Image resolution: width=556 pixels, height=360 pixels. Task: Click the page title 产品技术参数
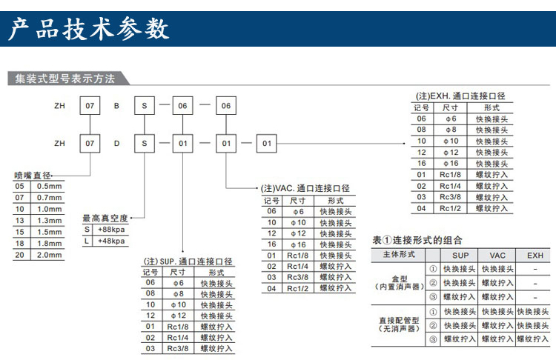coord(89,28)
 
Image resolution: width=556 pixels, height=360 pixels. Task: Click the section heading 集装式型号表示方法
coord(65,79)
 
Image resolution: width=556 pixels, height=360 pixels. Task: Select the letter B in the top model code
coord(116,106)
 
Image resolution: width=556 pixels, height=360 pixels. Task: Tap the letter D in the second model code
coord(116,144)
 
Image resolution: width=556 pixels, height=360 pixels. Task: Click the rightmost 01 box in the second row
coord(267,144)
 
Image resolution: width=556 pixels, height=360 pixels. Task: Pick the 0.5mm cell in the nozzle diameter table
coord(49,186)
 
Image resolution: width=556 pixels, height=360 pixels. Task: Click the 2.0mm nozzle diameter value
coord(49,255)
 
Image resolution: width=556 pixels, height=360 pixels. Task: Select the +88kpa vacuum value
coord(111,230)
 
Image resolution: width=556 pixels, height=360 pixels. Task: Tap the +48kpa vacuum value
coord(111,241)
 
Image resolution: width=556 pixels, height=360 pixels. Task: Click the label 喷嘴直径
coord(33,176)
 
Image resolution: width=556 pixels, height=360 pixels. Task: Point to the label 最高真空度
coord(105,218)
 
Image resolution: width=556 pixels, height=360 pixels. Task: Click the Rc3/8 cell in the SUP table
coord(178,348)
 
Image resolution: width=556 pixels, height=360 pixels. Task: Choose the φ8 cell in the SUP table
coord(179,294)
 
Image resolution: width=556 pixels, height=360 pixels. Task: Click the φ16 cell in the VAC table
coord(298,244)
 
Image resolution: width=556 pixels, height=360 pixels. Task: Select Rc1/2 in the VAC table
coord(297,288)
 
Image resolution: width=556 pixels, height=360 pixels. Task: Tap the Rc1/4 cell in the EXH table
coord(450,186)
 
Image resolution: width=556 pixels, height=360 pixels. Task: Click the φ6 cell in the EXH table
coord(451,119)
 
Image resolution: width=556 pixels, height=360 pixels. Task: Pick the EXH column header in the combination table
coord(535,256)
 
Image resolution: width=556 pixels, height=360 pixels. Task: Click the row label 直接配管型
coord(400,320)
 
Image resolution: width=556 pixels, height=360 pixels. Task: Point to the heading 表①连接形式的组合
coord(417,240)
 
